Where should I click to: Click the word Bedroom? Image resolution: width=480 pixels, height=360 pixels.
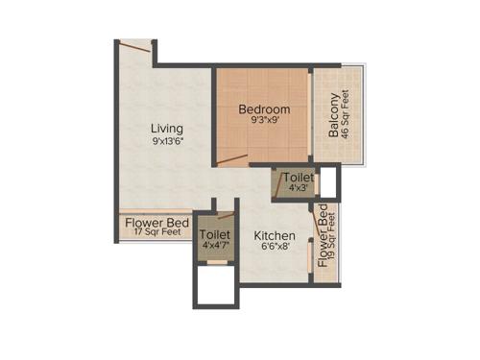[264, 109]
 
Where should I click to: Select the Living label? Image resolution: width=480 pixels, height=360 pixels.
[167, 128]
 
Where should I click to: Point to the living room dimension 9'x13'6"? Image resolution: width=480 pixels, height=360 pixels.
[167, 141]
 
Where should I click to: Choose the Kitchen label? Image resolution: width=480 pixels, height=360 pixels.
[274, 235]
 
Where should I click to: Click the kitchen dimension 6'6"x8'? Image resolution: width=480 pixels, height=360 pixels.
[274, 248]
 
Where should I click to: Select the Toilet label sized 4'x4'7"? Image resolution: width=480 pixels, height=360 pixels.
[214, 234]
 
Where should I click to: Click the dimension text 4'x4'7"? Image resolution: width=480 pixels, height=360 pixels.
[214, 246]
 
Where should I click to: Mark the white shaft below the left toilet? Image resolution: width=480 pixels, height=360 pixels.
[216, 283]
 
